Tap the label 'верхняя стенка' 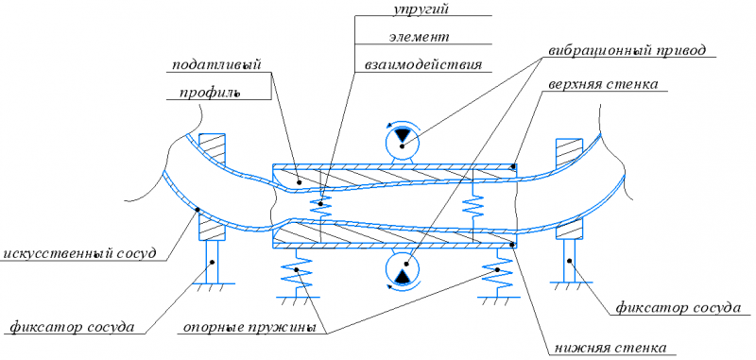(603, 84)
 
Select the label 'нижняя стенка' (610, 348)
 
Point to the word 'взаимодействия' (422, 64)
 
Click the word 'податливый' (218, 65)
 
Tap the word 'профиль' (210, 92)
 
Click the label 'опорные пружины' (249, 328)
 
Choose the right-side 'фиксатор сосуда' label (678, 307)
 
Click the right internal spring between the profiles (472, 205)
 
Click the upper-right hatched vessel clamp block (570, 153)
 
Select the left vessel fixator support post (212, 262)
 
